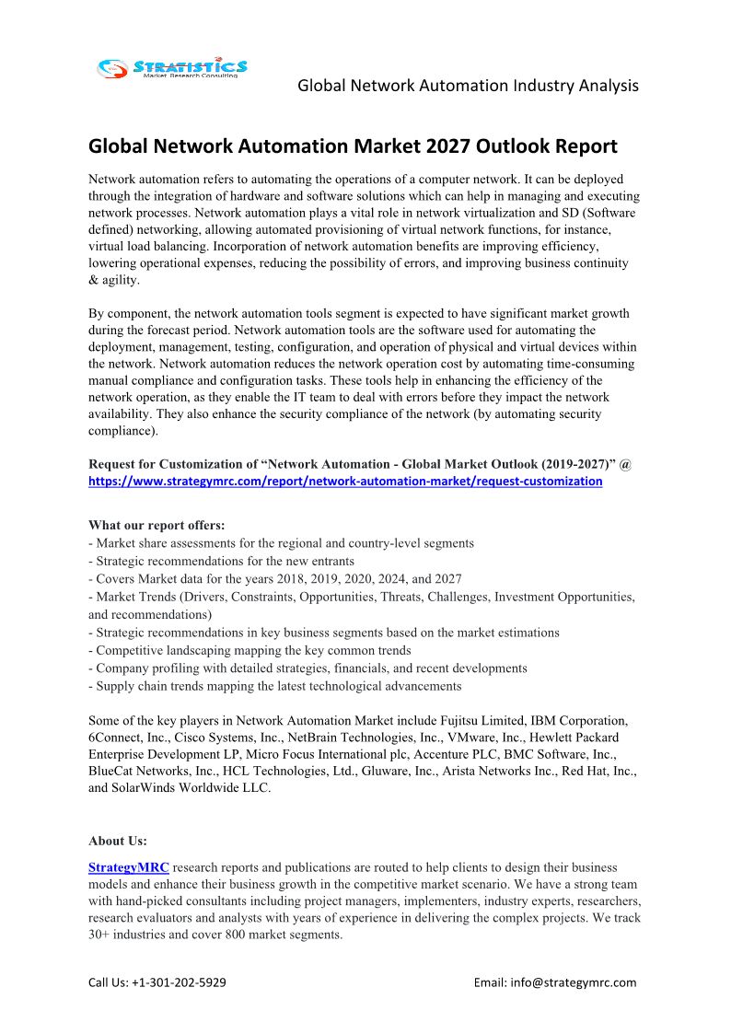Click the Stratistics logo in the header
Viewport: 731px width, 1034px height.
[172, 67]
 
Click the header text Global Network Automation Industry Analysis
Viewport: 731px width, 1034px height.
[468, 86]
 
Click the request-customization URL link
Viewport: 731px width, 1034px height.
[345, 481]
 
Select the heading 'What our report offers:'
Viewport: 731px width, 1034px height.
[157, 526]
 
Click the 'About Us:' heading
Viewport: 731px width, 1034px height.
[118, 841]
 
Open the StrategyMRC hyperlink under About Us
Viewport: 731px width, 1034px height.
[129, 867]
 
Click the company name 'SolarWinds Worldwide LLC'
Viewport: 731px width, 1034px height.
[192, 788]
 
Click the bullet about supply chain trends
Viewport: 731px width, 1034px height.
[275, 686]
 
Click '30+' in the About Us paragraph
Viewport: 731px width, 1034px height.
[101, 935]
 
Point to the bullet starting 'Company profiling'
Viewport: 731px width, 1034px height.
[307, 668]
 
